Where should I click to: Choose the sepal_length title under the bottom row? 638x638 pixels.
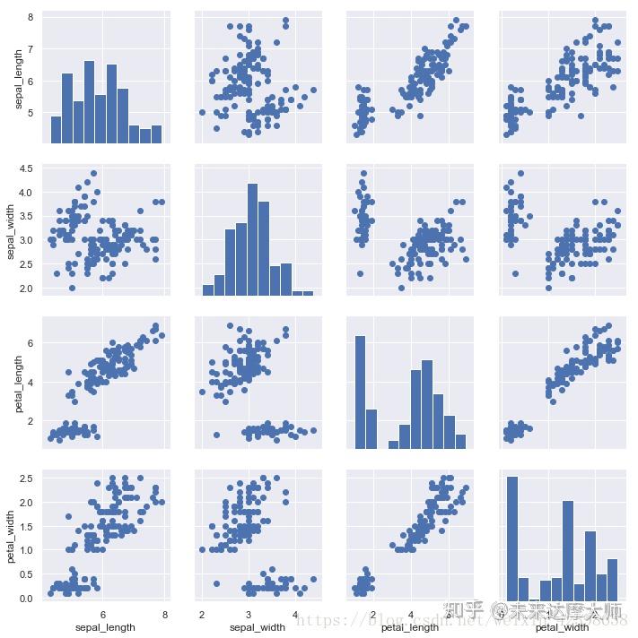pyautogui.click(x=104, y=627)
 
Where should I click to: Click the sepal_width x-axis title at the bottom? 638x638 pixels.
pyautogui.click(x=258, y=627)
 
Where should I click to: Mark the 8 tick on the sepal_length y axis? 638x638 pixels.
pyautogui.click(x=31, y=18)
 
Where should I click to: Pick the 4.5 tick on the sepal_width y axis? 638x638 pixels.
pyautogui.click(x=26, y=168)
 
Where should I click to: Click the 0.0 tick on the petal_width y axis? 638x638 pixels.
pyautogui.click(x=26, y=598)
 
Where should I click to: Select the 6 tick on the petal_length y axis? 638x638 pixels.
pyautogui.click(x=31, y=342)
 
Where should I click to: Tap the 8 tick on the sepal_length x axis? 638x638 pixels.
pyautogui.click(x=165, y=615)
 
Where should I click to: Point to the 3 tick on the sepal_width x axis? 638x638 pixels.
pyautogui.click(x=249, y=615)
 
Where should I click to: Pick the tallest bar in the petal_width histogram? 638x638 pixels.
pyautogui.click(x=512, y=538)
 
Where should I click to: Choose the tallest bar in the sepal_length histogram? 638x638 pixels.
pyautogui.click(x=89, y=102)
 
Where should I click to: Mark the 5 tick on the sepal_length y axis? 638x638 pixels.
pyautogui.click(x=31, y=113)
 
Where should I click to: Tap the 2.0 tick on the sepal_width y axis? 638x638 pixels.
pyautogui.click(x=26, y=289)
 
